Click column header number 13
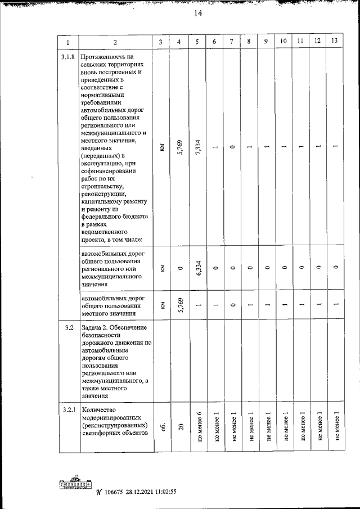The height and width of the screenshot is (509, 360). [335, 42]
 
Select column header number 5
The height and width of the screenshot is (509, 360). [197, 42]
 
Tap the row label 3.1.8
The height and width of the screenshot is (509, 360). [67, 57]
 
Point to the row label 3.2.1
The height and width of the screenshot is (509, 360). [67, 409]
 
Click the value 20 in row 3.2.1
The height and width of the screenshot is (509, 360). [179, 427]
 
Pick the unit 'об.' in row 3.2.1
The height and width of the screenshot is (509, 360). [161, 427]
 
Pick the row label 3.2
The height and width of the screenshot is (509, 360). [67, 327]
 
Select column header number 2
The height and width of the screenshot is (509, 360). [115, 42]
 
